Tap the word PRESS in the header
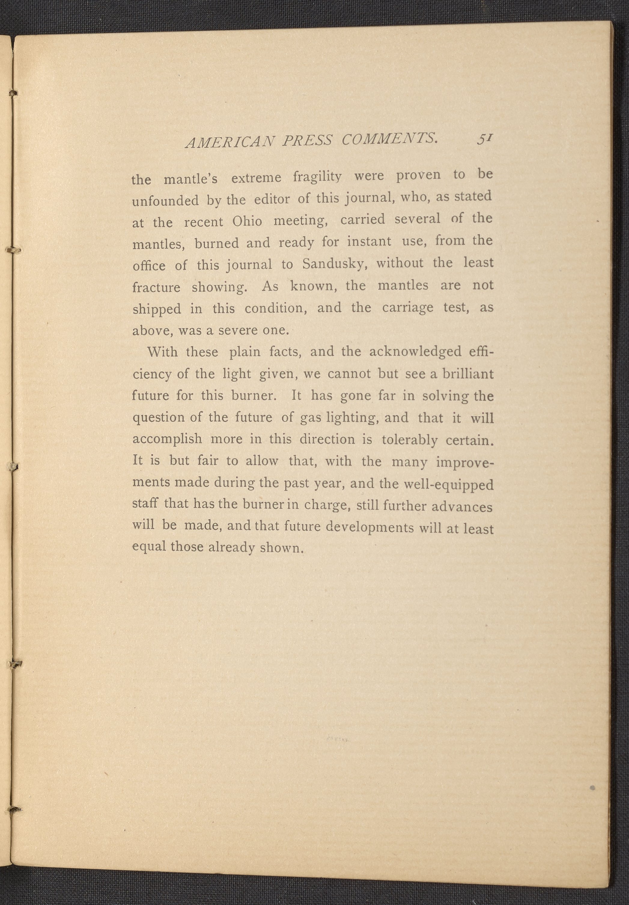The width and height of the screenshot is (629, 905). [x=307, y=140]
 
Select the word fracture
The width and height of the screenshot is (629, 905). [x=156, y=287]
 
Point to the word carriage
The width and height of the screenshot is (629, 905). [x=407, y=307]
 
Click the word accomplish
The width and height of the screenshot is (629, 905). [x=168, y=439]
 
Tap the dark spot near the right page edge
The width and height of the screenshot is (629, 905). [x=592, y=788]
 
